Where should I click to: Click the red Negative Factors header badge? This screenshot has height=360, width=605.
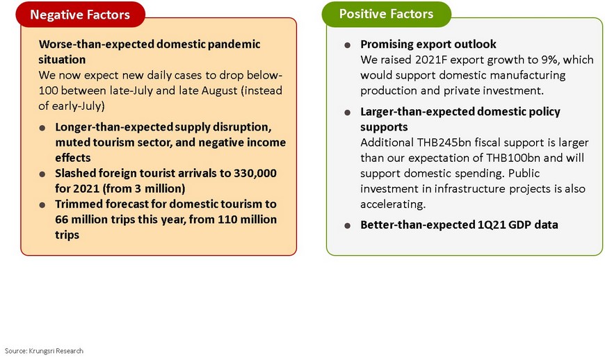pos(80,15)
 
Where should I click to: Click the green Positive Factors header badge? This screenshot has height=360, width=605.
pos(386,14)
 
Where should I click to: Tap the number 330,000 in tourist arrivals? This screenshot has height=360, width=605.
pos(255,173)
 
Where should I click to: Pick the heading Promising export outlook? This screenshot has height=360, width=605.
pos(428,44)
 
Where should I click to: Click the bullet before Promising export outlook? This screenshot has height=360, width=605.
pos(347,45)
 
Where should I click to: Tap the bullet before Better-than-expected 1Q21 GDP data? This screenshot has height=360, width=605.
pos(347,225)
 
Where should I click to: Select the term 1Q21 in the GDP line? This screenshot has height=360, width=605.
pos(491,224)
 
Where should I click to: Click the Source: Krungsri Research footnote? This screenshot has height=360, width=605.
pos(44,351)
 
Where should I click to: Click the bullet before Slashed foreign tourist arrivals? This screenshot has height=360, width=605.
pos(42,174)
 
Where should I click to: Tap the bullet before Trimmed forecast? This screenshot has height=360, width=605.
pos(42,205)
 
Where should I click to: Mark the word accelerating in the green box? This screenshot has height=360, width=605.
pos(393,204)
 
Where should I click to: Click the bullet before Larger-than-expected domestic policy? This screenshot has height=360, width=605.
pos(347,113)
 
